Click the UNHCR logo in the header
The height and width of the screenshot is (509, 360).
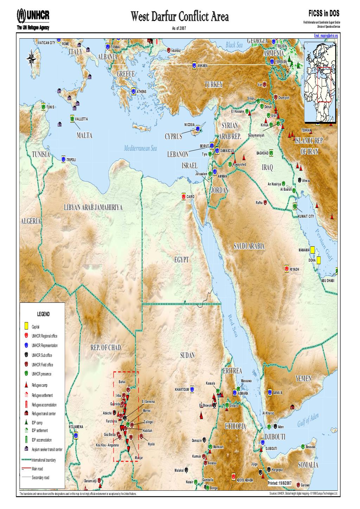[x=33, y=16]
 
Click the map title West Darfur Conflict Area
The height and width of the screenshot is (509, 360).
[x=180, y=17]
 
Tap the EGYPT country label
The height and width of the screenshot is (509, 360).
[x=181, y=260]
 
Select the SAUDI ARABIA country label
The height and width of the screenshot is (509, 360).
[x=249, y=246]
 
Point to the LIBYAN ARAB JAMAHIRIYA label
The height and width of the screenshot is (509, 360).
[x=93, y=208]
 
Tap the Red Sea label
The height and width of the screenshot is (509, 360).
[x=233, y=325]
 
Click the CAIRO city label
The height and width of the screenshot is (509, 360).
[x=191, y=197]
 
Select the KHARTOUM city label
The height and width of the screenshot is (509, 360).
[x=182, y=390]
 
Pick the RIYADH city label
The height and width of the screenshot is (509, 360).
[x=295, y=269]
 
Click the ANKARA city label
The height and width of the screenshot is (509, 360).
[x=202, y=66]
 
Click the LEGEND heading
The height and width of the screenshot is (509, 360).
[x=44, y=314]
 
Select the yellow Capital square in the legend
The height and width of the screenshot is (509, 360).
[x=26, y=326]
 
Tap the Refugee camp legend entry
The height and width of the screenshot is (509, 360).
[x=39, y=385]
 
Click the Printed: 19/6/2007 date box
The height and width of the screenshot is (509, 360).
[x=280, y=483]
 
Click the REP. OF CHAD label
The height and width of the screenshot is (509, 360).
[x=105, y=348]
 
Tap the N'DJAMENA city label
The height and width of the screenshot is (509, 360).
[x=76, y=427]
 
